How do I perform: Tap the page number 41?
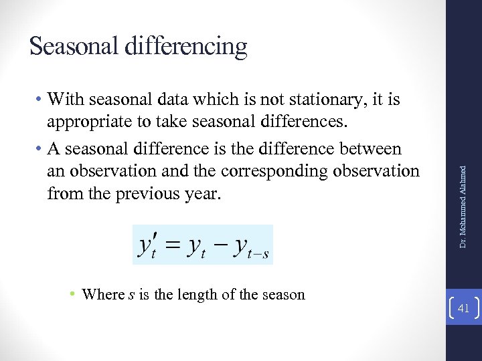click(463, 308)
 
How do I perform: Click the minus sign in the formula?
click(222, 245)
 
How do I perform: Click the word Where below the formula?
click(103, 294)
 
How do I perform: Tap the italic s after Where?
click(131, 295)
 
